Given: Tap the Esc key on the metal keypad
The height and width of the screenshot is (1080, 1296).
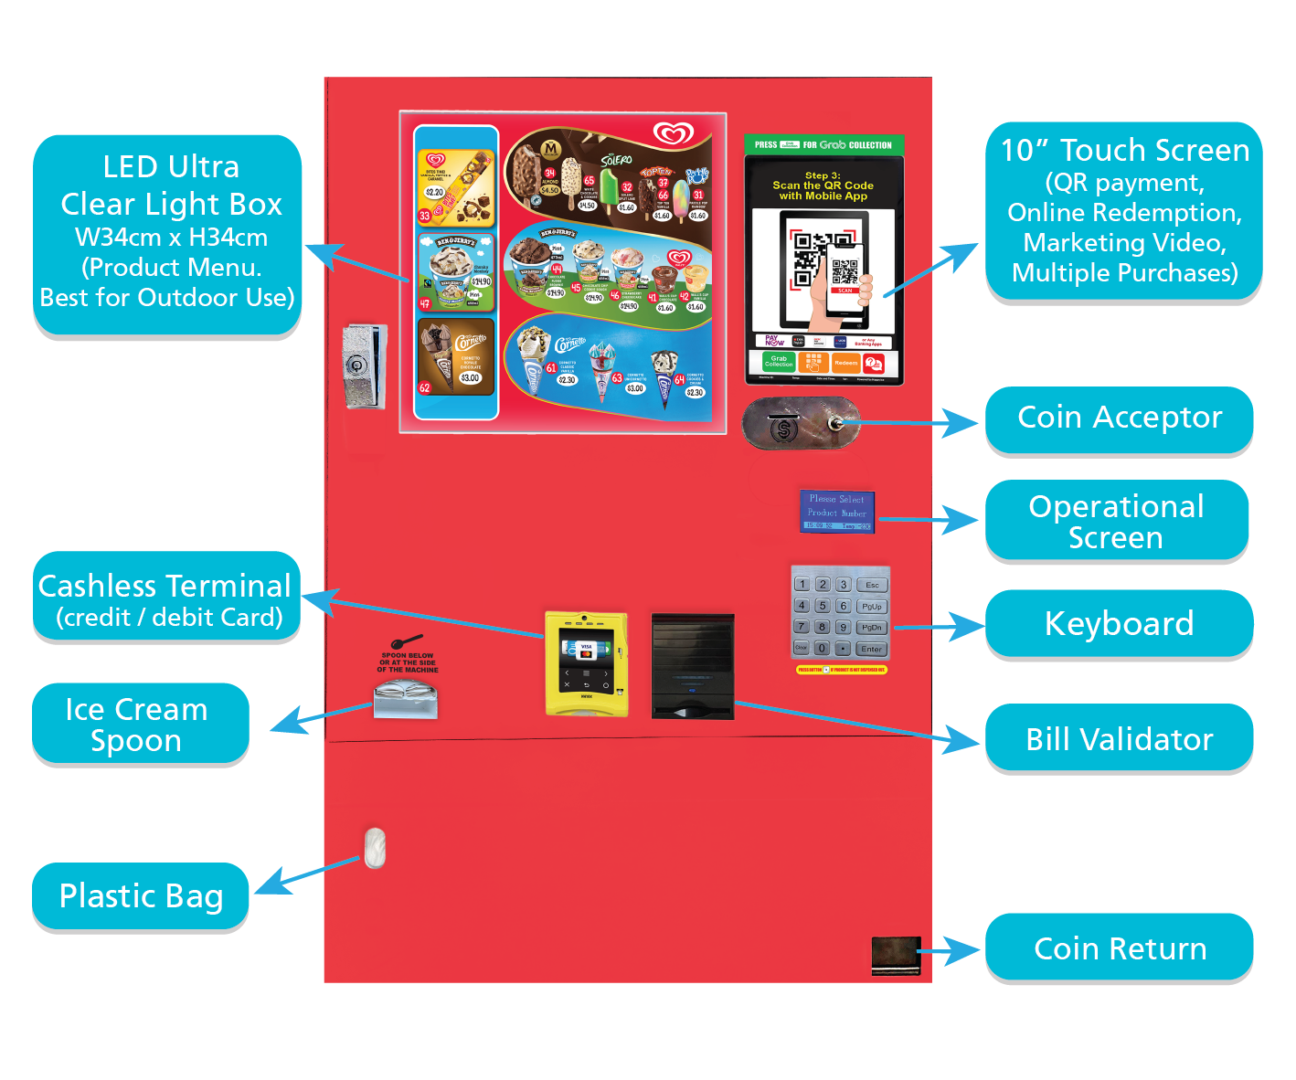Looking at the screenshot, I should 872,585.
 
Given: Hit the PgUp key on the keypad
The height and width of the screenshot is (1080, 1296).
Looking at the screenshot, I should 872,606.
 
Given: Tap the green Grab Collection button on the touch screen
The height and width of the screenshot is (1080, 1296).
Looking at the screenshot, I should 779,362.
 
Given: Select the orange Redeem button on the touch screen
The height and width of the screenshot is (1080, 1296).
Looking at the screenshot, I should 845,363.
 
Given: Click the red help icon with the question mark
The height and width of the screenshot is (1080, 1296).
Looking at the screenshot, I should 874,363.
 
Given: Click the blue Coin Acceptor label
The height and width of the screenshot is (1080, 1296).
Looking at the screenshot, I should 1119,418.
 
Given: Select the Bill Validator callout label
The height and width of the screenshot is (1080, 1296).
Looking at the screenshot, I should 1119,738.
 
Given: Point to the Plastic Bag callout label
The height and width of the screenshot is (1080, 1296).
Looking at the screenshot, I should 141,896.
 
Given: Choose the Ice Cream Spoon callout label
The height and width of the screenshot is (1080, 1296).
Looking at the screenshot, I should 137,725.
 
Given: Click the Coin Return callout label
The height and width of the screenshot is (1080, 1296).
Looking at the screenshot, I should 1119,948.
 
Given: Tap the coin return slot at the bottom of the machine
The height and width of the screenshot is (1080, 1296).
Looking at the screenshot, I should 896,955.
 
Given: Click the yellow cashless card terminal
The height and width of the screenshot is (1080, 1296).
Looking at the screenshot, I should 586,663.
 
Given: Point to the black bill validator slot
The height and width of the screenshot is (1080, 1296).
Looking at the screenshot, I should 693,666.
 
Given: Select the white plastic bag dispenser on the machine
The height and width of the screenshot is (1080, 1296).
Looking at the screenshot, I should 375,848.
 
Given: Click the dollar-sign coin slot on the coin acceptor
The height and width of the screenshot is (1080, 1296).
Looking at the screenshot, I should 783,429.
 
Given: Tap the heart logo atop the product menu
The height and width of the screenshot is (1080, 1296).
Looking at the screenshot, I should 674,134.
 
